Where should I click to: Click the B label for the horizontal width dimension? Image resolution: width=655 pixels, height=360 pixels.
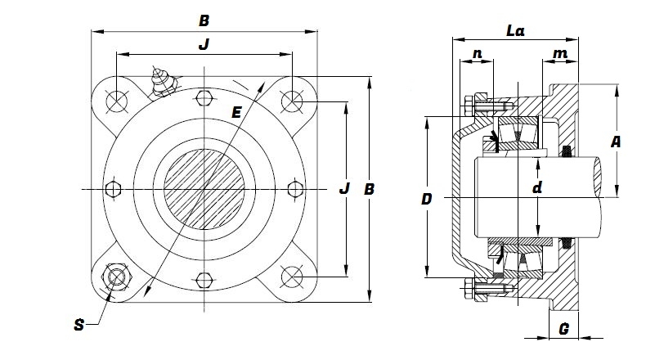point(204,18)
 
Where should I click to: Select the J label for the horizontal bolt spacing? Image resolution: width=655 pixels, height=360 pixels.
point(204,45)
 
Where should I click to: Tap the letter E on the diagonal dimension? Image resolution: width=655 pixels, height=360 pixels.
point(236,113)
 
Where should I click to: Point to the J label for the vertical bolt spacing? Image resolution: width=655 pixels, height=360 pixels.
point(344,189)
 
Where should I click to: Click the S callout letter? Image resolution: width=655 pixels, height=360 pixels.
point(79,324)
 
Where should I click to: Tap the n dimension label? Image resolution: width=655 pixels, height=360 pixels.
point(477,54)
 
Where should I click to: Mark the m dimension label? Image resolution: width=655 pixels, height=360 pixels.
point(560,54)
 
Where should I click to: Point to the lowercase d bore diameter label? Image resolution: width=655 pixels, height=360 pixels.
point(536,189)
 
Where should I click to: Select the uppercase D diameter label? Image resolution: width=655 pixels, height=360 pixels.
point(426,199)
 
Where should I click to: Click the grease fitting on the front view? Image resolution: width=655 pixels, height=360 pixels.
point(161,82)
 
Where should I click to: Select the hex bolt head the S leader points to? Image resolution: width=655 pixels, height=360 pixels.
point(114,278)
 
